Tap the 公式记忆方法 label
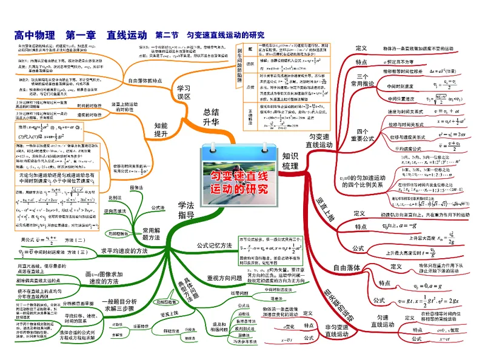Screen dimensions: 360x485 215,245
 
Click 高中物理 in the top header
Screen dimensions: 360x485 34,35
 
